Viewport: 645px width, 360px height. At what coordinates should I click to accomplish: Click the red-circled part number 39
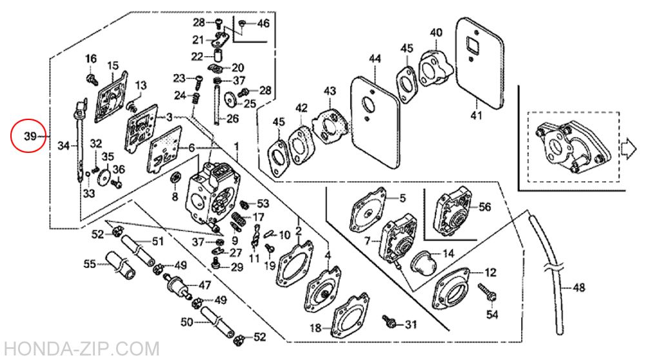(30, 136)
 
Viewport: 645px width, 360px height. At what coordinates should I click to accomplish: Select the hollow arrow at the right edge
(628, 148)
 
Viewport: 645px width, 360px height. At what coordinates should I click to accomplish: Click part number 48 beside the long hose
(579, 287)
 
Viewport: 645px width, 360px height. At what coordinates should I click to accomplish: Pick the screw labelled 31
(389, 321)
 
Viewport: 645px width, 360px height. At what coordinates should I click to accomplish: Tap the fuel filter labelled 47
(178, 285)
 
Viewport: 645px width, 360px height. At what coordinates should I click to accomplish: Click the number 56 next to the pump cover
(484, 206)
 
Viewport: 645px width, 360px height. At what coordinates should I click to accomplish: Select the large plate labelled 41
(480, 63)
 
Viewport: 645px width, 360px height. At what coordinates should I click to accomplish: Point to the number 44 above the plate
(375, 59)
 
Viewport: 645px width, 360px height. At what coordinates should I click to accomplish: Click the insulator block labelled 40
(435, 68)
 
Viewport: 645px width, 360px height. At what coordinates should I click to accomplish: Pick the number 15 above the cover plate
(113, 65)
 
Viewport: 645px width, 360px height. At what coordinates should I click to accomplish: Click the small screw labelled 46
(242, 25)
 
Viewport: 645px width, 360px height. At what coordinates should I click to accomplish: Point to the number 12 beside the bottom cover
(490, 272)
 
